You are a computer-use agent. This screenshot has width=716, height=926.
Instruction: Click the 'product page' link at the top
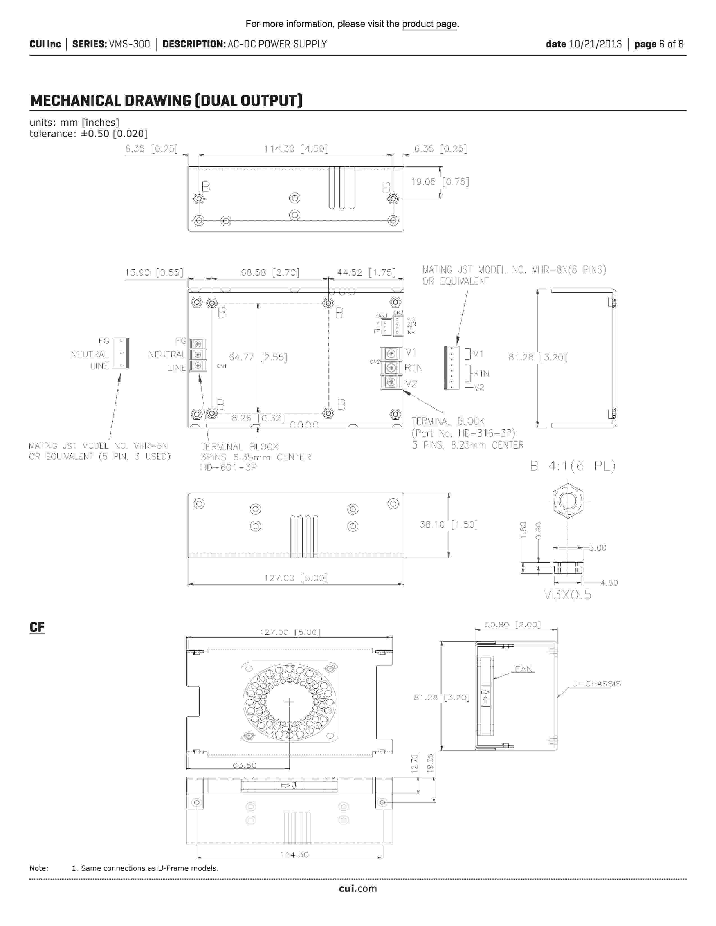429,24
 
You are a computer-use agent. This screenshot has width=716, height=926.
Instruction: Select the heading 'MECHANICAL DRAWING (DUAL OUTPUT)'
166,101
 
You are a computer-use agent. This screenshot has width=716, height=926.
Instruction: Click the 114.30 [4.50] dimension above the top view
296,149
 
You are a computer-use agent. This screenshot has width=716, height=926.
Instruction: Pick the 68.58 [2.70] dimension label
270,273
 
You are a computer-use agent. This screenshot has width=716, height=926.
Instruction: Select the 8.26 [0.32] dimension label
258,418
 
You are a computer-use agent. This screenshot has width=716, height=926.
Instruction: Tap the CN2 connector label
375,362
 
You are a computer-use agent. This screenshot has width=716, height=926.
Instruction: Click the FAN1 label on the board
381,316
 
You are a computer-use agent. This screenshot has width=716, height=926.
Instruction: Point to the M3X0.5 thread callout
567,595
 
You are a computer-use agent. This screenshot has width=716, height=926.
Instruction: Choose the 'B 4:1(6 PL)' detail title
573,466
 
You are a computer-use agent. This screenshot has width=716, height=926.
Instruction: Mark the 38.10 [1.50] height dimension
449,524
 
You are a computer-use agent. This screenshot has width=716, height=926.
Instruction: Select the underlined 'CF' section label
37,627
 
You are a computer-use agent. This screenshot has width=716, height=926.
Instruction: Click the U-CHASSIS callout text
596,684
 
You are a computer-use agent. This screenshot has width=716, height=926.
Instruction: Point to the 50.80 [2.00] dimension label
512,625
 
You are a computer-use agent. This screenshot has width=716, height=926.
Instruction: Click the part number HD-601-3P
228,467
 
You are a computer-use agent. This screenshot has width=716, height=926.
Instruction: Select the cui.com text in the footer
357,889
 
